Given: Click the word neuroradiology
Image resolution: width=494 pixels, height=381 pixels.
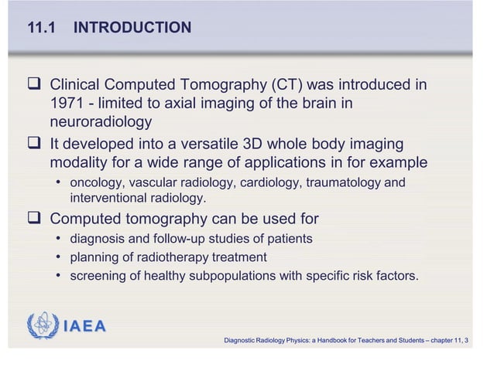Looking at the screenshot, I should (x=101, y=122).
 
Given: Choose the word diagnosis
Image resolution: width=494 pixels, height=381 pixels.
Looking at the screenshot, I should (x=98, y=239).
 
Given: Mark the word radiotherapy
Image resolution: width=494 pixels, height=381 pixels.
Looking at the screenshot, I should (x=183, y=257).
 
